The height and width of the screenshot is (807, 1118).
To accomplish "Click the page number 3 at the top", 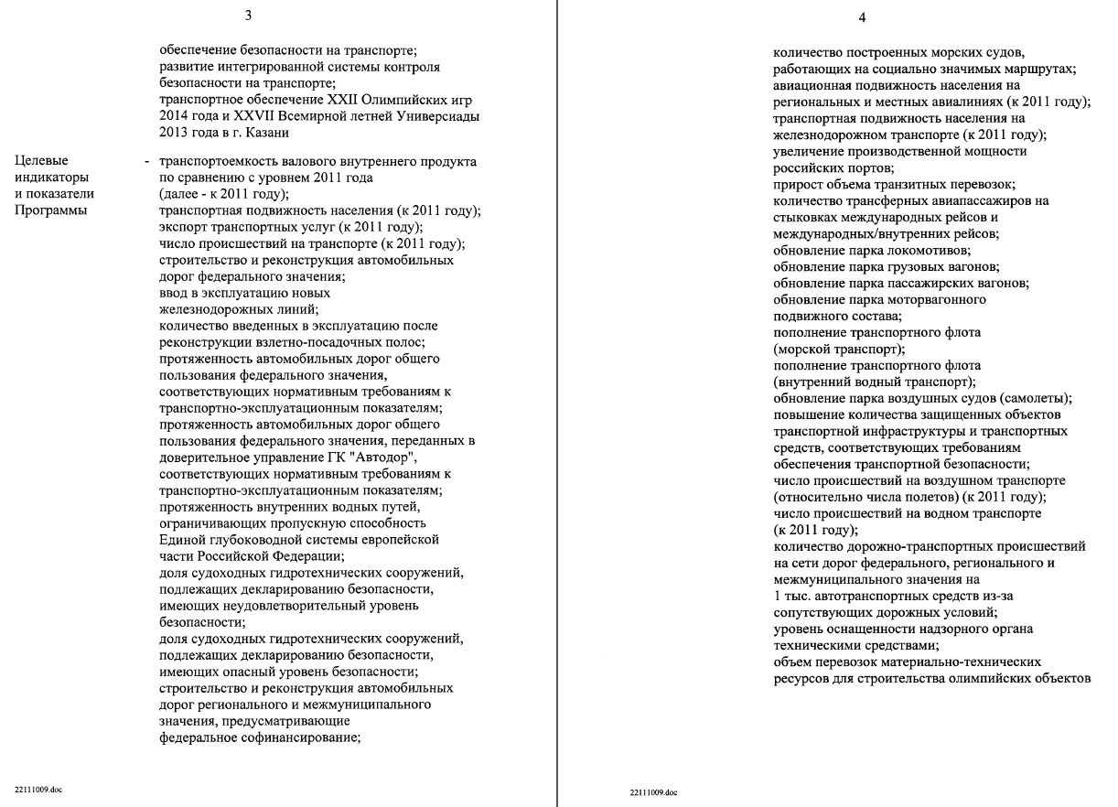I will point(248,16).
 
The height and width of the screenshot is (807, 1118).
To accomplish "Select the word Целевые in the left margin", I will point(40,161).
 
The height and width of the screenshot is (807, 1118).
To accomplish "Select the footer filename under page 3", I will point(38,788).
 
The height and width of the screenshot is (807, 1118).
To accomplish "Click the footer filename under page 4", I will point(653,791).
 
